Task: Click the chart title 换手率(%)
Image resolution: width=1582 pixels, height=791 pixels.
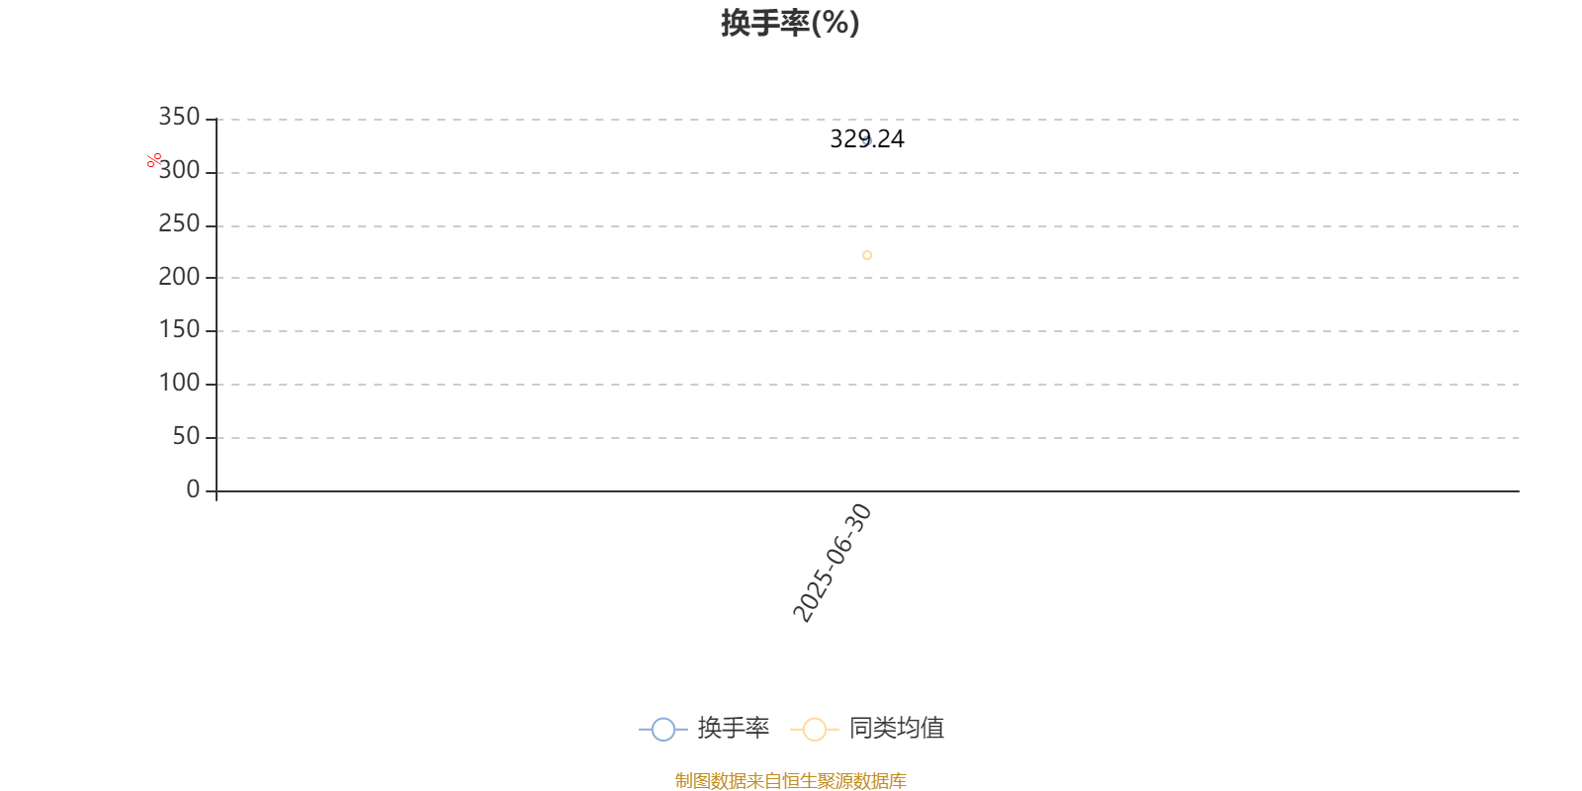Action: [790, 23]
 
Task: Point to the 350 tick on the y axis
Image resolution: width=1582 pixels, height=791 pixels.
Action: [179, 118]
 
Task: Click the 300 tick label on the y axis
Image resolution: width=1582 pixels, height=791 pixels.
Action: [179, 171]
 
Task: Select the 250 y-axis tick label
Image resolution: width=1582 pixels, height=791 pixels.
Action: [179, 224]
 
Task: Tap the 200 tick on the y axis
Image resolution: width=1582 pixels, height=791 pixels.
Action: [179, 277]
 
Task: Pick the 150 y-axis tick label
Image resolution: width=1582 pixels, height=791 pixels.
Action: [179, 330]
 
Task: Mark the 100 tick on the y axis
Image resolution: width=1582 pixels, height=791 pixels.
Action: [179, 384]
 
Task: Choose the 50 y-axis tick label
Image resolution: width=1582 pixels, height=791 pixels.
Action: [186, 436]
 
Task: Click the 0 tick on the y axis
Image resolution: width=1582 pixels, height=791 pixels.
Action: [193, 489]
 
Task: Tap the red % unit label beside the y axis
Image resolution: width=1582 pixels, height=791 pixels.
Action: [154, 160]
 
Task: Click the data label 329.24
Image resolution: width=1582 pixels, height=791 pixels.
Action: [867, 139]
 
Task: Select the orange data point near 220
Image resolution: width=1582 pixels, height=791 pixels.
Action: [867, 255]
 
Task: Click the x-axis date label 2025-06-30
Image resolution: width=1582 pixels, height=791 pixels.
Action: [833, 564]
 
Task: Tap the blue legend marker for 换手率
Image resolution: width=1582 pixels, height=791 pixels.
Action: [663, 730]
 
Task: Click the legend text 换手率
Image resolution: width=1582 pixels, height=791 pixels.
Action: [734, 729]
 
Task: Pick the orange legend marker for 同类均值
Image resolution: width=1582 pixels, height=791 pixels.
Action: [815, 730]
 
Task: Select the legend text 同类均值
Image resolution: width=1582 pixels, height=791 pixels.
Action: [897, 729]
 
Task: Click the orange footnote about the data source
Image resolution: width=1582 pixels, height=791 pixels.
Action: [790, 781]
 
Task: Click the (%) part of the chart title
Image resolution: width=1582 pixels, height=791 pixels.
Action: [835, 23]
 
